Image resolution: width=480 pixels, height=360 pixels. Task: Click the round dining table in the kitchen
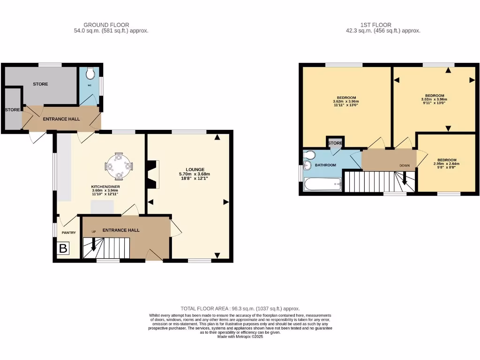pos(120,165)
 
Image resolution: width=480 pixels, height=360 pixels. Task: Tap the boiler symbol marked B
pos(63,248)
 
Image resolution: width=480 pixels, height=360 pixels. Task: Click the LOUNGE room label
pos(195,169)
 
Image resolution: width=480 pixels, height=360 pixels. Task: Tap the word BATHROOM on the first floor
pos(325,165)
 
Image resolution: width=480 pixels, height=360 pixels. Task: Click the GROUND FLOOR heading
pos(106,25)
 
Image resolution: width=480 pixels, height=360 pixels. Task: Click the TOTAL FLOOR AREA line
pos(240,308)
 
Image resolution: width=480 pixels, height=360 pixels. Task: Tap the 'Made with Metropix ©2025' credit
pos(240,337)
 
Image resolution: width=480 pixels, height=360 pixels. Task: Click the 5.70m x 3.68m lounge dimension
pos(195,174)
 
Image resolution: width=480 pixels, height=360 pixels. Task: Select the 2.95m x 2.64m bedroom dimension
pos(446,164)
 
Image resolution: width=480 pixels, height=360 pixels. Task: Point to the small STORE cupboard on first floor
pos(335,143)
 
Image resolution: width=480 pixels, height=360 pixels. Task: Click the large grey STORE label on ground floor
pos(40,84)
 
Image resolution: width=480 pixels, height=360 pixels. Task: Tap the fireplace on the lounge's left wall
pos(152,175)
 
